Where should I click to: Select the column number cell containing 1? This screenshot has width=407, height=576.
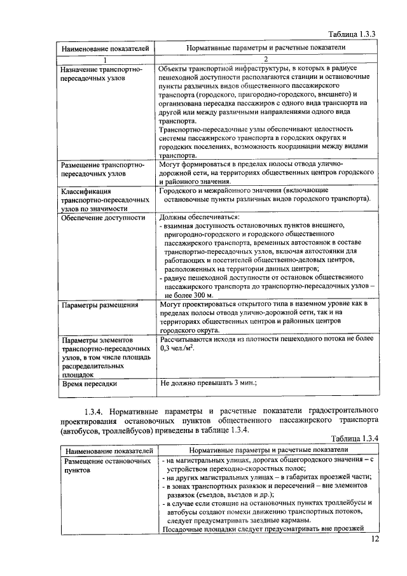click(x=106, y=59)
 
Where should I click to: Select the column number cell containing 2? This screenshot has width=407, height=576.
click(x=265, y=59)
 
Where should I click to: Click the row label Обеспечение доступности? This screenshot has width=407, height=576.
click(x=94, y=218)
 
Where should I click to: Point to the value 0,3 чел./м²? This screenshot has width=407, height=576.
click(x=177, y=349)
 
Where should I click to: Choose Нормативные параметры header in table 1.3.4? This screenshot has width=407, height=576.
click(x=265, y=450)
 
